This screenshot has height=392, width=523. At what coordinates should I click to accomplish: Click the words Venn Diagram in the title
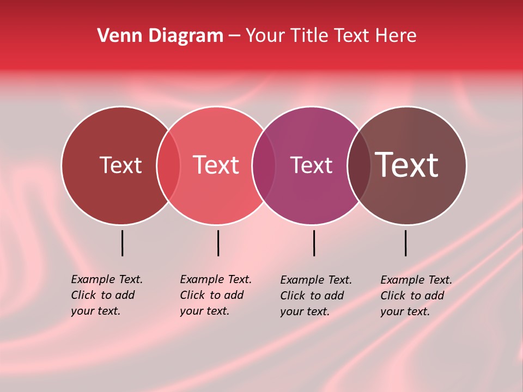pos(160,36)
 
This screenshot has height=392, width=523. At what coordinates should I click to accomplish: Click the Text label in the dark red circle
pos(120,165)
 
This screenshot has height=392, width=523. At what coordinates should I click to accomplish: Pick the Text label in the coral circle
pos(216,165)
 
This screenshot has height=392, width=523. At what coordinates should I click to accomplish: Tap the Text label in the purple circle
pos(311,165)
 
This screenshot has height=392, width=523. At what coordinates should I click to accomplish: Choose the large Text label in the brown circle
pos(406,165)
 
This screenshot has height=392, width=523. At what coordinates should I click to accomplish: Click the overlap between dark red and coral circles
pos(168,166)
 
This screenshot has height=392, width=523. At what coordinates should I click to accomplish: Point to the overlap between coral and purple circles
pos(264,166)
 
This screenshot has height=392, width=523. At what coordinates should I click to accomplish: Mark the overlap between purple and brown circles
pos(359,166)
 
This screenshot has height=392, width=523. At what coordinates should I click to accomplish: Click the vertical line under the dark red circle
pos(122,243)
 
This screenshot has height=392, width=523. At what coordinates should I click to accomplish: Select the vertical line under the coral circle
pos(218,243)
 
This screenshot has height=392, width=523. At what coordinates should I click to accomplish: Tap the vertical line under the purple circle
pos(314,243)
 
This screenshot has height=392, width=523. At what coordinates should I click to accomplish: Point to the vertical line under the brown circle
pos(405,243)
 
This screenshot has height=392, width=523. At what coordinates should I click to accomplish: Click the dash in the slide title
pos(234,36)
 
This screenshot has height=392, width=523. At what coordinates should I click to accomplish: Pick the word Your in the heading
pos(265,36)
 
